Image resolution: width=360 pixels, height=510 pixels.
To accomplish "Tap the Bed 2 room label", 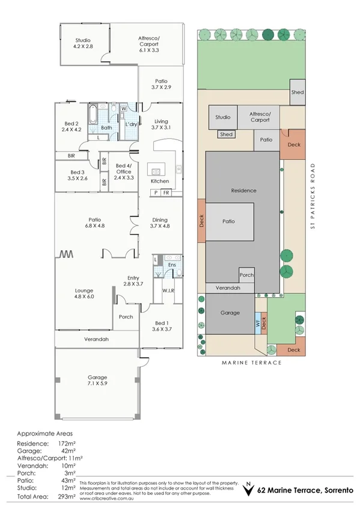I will click(71, 125).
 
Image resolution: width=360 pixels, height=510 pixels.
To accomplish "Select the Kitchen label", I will click(160, 181).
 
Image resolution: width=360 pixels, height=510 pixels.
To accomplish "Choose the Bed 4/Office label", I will click(124, 169).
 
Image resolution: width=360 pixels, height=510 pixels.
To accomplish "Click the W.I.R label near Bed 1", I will click(168, 291).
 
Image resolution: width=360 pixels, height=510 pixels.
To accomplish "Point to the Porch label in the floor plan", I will click(126, 317).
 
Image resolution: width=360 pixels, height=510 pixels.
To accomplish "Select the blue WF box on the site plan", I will click(258, 322).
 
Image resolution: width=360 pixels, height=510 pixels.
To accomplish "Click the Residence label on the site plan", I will click(243, 191).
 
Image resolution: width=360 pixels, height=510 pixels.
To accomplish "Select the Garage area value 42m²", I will click(67, 450).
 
